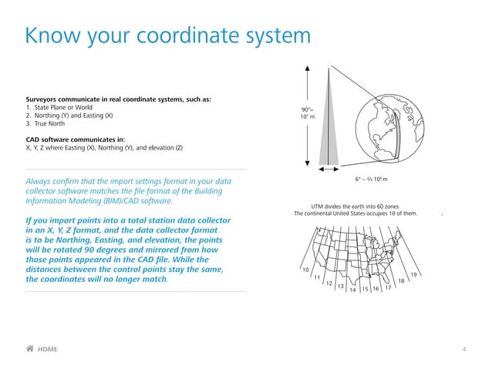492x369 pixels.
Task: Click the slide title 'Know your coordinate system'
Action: coord(167,35)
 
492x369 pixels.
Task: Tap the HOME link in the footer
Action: coord(47,349)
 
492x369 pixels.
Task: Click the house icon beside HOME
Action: coord(30,349)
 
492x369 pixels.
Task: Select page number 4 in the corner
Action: coord(463,349)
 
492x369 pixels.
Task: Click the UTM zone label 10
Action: coord(305,270)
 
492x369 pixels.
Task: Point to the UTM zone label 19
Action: coord(413,275)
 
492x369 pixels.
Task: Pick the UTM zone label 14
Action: coord(352,290)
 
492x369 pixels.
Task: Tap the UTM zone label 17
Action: coord(388,287)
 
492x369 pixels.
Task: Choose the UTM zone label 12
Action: coord(329,283)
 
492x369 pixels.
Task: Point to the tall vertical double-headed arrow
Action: coord(308,116)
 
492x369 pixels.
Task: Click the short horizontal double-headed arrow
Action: coord(329,169)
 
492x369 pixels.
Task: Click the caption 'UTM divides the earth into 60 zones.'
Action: coord(355,206)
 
